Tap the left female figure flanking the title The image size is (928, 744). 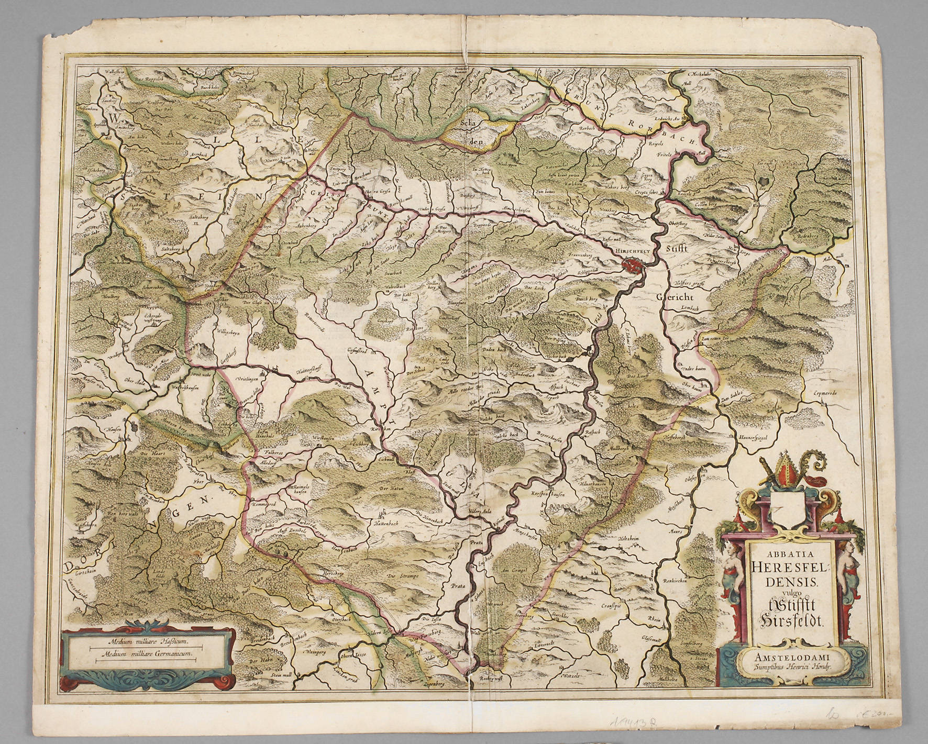click(x=733, y=578)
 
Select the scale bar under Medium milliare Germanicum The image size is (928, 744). click(x=142, y=660)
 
